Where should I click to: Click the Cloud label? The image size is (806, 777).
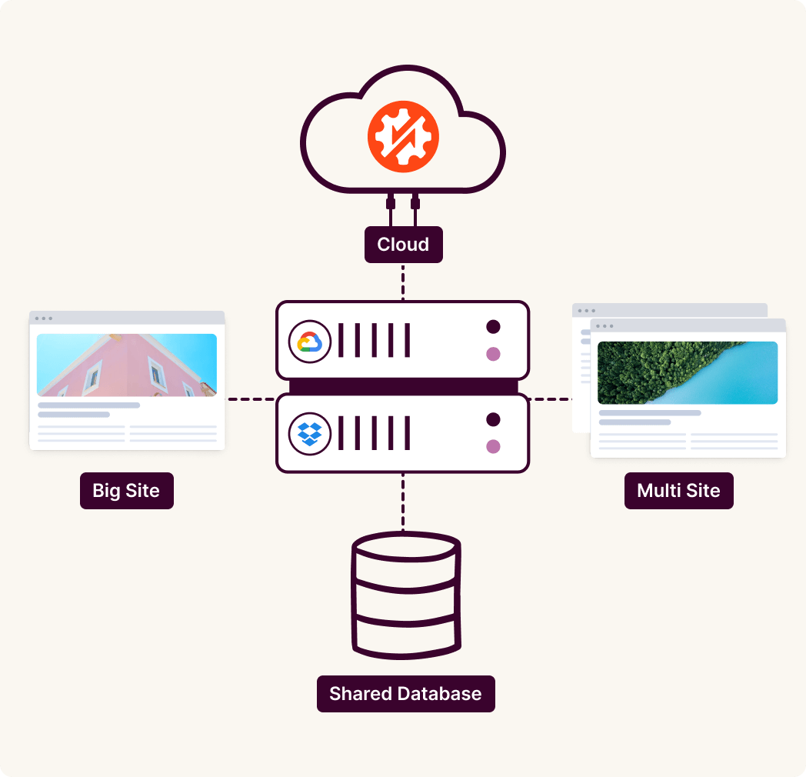(x=403, y=245)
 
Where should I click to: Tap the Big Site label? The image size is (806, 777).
(x=126, y=491)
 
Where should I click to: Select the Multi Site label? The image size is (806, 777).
(x=678, y=491)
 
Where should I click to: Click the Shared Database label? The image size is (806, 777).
(x=405, y=693)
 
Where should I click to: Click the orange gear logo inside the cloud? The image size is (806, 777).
(x=402, y=135)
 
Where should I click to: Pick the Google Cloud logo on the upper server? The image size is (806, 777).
(x=309, y=342)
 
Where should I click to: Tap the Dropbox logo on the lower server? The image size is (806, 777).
(x=309, y=433)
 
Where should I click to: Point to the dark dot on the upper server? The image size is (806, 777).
(x=493, y=327)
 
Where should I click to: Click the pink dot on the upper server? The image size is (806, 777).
(x=493, y=354)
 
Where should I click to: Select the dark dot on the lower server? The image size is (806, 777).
(x=493, y=419)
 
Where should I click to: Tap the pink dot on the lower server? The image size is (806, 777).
(x=493, y=446)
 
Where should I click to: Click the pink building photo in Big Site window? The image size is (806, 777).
(x=126, y=365)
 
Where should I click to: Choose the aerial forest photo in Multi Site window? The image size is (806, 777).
(x=687, y=372)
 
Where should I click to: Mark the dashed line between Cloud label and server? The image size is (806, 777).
(x=402, y=282)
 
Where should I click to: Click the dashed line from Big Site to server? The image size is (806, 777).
(x=250, y=399)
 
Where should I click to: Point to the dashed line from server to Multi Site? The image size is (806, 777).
(x=551, y=399)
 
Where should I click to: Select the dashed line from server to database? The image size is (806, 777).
(x=402, y=501)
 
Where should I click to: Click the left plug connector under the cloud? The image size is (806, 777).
(x=391, y=204)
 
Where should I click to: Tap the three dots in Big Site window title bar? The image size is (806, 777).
(x=43, y=318)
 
